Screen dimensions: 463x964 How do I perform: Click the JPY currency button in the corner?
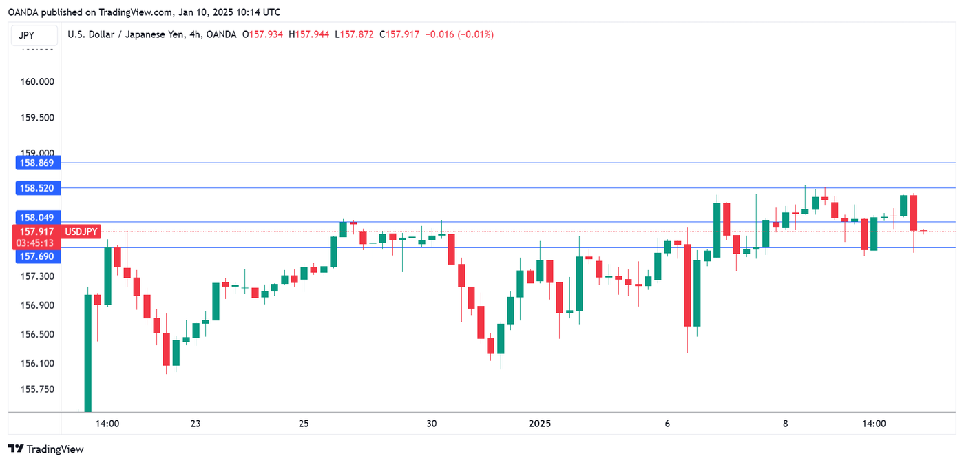(x=27, y=36)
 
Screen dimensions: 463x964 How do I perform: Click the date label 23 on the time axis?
(x=196, y=424)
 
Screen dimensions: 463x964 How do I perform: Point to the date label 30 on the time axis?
(x=432, y=424)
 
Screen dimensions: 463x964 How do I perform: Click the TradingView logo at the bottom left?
(x=46, y=449)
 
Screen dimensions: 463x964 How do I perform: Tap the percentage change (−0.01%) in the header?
(x=471, y=34)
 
